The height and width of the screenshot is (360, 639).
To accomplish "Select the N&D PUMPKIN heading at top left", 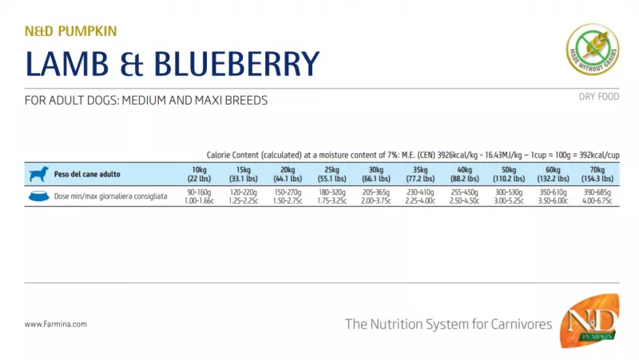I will coord(71,31).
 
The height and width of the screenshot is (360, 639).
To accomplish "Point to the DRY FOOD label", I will coord(598,97).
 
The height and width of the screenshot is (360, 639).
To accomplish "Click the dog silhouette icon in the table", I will coord(38,173).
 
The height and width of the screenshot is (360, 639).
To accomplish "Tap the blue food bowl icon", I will coord(38,196).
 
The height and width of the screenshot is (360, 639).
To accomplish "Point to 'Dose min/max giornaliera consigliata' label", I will coord(111,196).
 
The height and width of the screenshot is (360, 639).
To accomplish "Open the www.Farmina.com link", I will coord(56,324).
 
